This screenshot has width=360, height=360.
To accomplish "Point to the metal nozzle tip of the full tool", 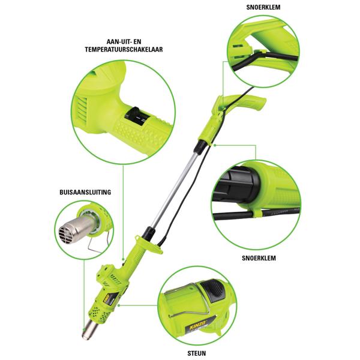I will [90, 327].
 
